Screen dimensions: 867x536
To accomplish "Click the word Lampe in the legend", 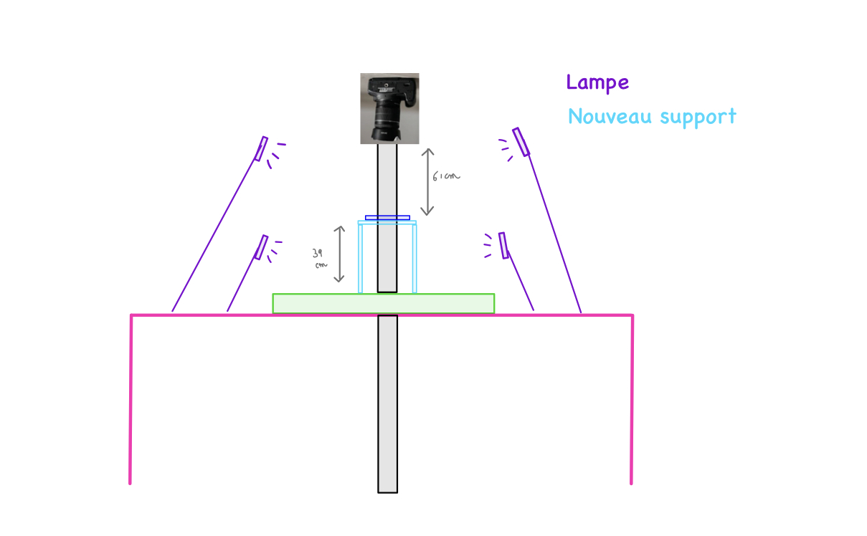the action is click(597, 82).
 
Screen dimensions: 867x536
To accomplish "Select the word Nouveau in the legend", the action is click(610, 116).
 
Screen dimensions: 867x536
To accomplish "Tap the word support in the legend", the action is click(698, 117).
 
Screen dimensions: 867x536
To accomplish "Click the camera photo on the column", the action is click(389, 108).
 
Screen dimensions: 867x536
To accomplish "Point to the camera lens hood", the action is click(386, 134).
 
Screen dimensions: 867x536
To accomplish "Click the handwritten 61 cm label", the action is click(446, 176).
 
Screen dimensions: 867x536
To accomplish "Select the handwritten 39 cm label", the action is click(320, 259).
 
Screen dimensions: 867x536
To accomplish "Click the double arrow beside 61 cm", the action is click(427, 182).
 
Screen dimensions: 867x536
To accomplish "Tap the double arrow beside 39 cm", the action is click(339, 254).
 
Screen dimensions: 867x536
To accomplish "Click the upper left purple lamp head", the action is click(261, 148).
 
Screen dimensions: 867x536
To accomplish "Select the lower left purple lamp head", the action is click(261, 247).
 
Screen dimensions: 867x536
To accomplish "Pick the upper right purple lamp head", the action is click(521, 142).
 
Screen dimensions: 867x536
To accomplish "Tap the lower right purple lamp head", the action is click(503, 246).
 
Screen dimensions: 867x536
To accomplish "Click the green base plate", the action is click(383, 304).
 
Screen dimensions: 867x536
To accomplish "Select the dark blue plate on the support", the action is click(387, 218).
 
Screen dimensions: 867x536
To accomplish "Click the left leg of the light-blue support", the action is click(360, 259).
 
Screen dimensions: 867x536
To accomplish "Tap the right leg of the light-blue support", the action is click(414, 259).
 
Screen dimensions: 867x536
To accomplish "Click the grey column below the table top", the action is click(387, 404).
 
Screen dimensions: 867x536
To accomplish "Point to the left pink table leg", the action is click(131, 399).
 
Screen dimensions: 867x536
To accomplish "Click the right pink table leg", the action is click(632, 399).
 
